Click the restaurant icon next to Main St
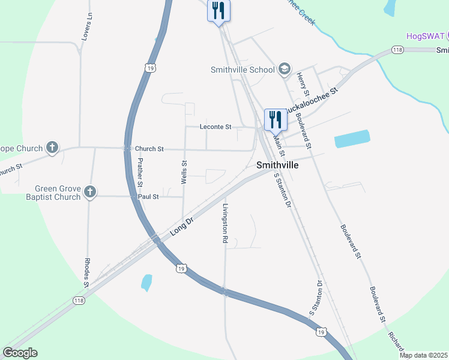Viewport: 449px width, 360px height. [274, 119]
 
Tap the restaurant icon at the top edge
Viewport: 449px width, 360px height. [218, 11]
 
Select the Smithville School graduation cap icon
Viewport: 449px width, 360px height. [284, 69]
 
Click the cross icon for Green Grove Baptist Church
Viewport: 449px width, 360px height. [89, 192]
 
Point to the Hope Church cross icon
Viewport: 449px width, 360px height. [52, 148]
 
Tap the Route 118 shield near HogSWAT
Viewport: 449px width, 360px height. [397, 50]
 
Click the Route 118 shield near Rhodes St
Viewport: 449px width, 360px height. [78, 300]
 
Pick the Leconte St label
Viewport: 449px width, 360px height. [215, 127]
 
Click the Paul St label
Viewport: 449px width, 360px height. [148, 196]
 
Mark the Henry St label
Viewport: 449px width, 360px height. [303, 85]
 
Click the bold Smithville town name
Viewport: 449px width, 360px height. [277, 164]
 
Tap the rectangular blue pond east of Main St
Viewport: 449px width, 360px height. [352, 139]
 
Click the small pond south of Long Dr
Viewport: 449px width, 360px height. [146, 282]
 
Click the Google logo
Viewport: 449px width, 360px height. [20, 353]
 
